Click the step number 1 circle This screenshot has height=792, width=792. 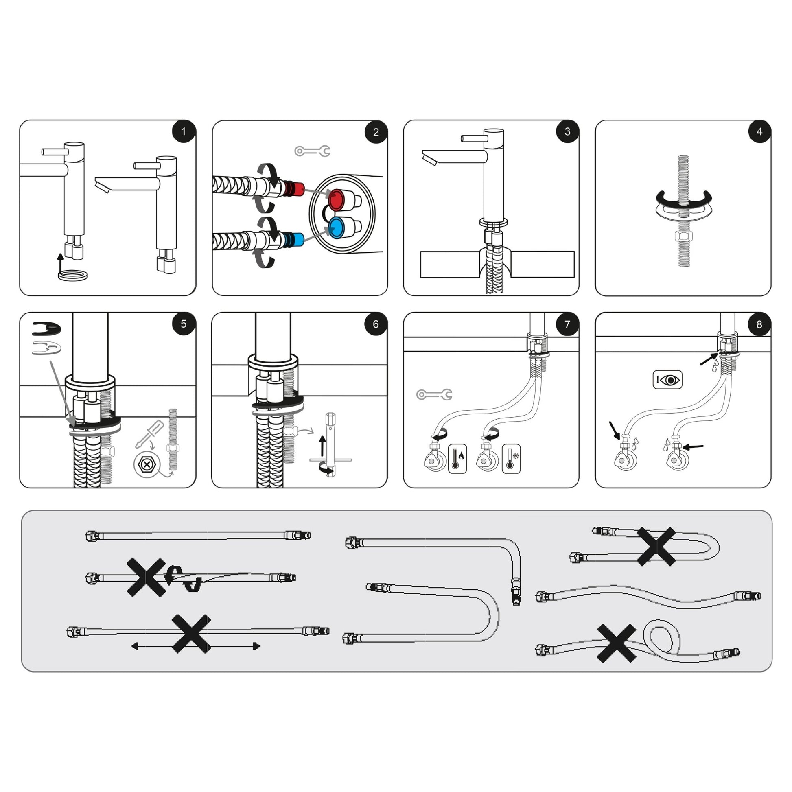183,131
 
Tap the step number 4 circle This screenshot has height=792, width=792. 759,131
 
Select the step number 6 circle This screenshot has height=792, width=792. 376,324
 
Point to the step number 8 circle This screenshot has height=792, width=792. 759,324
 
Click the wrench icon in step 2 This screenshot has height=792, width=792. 313,151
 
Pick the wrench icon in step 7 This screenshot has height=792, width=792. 434,394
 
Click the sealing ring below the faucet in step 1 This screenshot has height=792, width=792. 72,275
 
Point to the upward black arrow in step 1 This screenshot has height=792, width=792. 61,263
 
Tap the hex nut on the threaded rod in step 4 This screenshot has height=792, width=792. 683,236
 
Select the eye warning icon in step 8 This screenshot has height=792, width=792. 667,380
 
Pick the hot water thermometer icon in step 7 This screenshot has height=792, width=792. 457,459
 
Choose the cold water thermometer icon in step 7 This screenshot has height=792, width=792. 511,459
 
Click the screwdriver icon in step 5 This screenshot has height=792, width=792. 149,434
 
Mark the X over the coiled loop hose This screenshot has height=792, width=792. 617,643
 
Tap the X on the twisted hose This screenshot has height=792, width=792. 147,577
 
